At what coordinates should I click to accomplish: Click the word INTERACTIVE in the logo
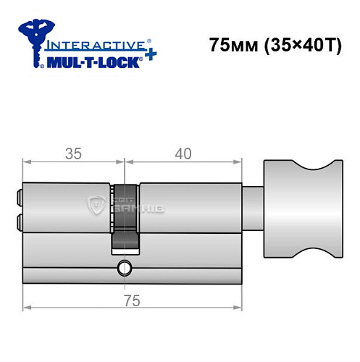[x=87, y=44]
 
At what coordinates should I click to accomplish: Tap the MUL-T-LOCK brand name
[x=92, y=62]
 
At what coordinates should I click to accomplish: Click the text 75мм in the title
[x=233, y=46]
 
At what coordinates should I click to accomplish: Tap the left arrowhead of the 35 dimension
[x=28, y=163]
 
